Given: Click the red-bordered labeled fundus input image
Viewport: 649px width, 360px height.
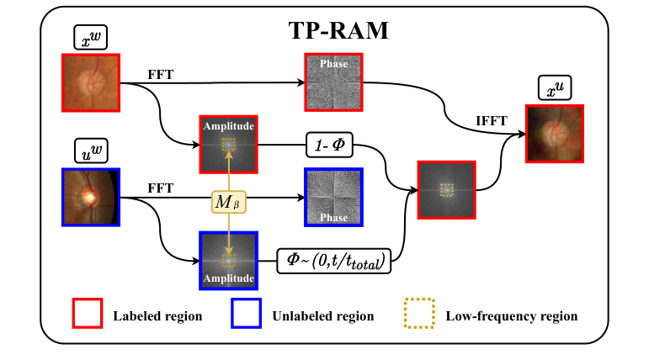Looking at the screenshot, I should [x=91, y=82].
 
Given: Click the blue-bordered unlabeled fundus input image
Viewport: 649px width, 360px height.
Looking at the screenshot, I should [x=91, y=197].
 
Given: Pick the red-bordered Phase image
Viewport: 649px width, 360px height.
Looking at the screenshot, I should [x=333, y=82].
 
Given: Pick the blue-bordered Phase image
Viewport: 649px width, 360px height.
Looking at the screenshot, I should [x=333, y=197].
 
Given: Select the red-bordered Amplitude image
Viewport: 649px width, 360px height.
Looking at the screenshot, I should [x=228, y=144].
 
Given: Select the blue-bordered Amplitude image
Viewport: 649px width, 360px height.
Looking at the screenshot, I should [x=228, y=260].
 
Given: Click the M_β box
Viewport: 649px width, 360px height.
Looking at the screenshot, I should [x=230, y=202].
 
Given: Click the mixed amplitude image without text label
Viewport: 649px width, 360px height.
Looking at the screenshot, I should [x=447, y=191].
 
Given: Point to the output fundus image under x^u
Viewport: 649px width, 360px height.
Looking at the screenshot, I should [x=555, y=132].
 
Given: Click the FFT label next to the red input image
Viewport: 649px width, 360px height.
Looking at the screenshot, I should [x=160, y=74].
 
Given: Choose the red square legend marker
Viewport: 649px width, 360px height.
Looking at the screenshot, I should [x=87, y=315].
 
